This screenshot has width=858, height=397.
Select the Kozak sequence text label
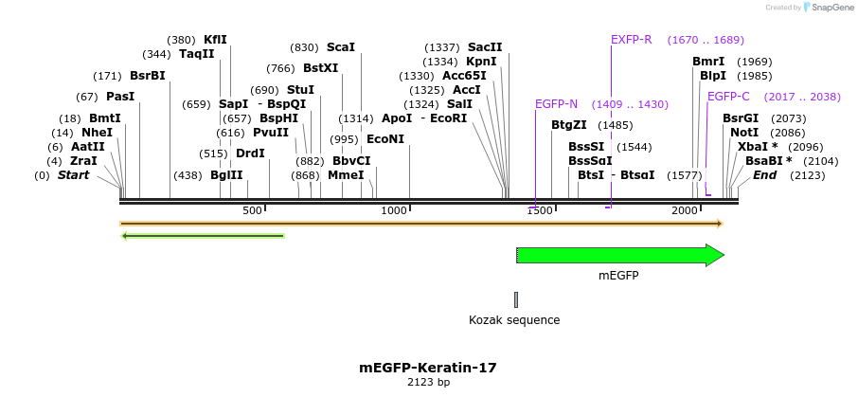point(514,320)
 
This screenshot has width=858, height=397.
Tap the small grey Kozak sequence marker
point(516,299)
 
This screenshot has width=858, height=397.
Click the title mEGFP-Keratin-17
point(428,368)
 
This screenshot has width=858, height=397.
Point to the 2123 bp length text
point(428,383)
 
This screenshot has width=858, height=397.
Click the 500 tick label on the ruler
point(252,210)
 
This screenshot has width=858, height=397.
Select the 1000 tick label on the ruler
point(394,210)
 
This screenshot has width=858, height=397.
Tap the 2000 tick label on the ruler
point(685,210)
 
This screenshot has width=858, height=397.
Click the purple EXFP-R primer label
point(632,40)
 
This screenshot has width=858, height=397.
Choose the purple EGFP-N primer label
point(556,104)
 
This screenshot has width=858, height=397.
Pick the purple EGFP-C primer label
point(728,97)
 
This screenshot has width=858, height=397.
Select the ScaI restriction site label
point(341,47)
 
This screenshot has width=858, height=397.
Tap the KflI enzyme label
point(216,40)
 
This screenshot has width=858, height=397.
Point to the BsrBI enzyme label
point(148,76)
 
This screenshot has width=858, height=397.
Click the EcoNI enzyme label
point(385,139)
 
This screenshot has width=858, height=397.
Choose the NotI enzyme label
point(744,133)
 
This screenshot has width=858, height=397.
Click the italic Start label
point(73,175)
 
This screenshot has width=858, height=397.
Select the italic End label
point(764,175)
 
